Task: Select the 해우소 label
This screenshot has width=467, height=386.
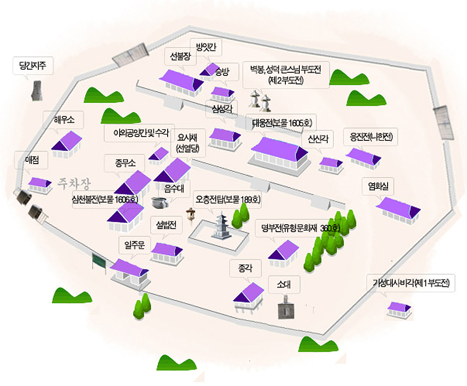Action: pyautogui.click(x=64, y=120)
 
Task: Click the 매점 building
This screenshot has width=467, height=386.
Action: pyautogui.click(x=40, y=185)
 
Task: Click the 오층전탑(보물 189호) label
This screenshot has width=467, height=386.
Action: pyautogui.click(x=228, y=200)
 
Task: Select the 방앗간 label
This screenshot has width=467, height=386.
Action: pyautogui.click(x=205, y=47)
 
